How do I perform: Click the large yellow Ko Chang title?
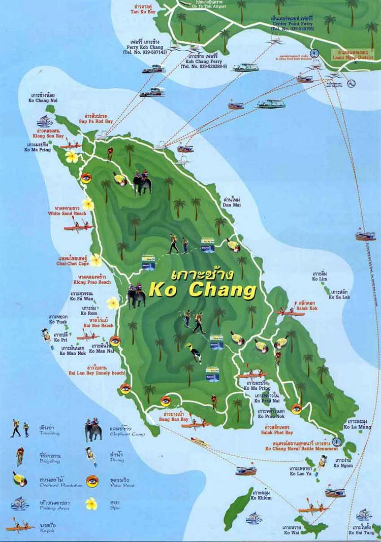click(x=202, y=290)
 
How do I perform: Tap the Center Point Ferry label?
click(x=292, y=23)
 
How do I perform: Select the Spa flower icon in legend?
click(x=91, y=503)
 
